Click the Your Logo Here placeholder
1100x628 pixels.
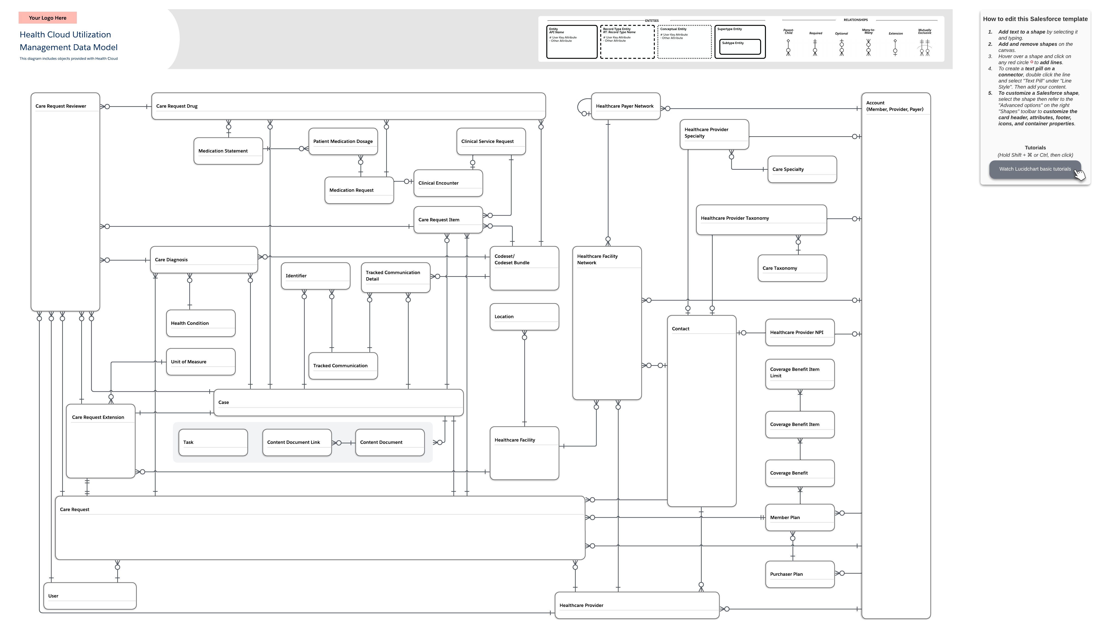pos(47,18)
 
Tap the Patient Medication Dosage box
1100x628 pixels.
pos(343,142)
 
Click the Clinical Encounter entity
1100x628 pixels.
pos(448,183)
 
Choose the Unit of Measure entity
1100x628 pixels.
pos(201,362)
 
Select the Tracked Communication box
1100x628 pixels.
pos(343,366)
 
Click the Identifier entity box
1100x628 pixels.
pos(315,276)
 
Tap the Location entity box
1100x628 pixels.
pos(524,317)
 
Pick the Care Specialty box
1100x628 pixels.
pos(802,170)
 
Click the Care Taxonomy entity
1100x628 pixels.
pos(792,268)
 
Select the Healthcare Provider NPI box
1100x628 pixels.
pos(800,333)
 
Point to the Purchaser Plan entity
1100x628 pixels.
pos(800,574)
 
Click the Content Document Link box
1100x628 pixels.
pos(297,442)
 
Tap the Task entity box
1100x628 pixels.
pos(213,442)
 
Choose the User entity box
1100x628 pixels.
pos(90,596)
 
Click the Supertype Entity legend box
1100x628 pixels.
pos(740,42)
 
